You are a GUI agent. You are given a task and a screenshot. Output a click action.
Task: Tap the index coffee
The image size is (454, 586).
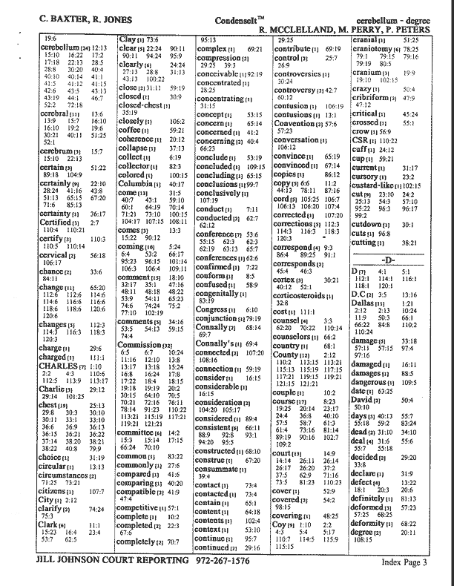[x=133, y=130]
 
